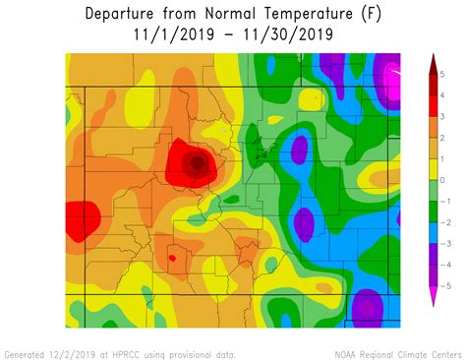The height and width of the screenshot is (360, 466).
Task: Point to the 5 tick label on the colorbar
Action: pos(443,75)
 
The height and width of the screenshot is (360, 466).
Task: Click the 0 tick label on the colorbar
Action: pos(443,180)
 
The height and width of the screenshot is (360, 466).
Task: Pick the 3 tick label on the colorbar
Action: pos(443,117)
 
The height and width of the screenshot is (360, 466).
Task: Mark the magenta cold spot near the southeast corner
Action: pos(368,308)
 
